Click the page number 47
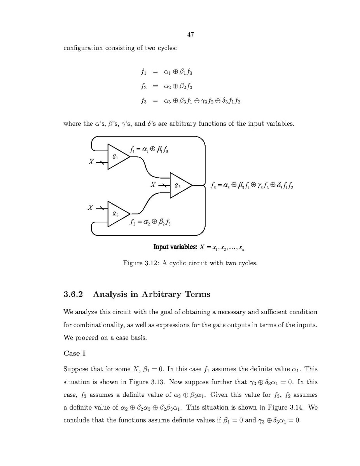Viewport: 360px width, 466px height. pyautogui.click(x=190, y=35)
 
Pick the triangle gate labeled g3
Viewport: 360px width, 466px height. pyautogui.click(x=179, y=185)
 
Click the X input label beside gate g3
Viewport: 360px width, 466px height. pyautogui.click(x=153, y=185)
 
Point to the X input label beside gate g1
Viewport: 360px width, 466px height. pyautogui.click(x=91, y=162)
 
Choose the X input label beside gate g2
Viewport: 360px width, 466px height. pyautogui.click(x=90, y=208)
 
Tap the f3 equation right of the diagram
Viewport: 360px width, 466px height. pyautogui.click(x=252, y=186)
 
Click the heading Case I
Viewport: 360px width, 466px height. pyautogui.click(x=74, y=354)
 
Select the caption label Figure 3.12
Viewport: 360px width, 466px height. pyautogui.click(x=141, y=263)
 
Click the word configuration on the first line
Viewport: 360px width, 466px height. pyautogui.click(x=83, y=48)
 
